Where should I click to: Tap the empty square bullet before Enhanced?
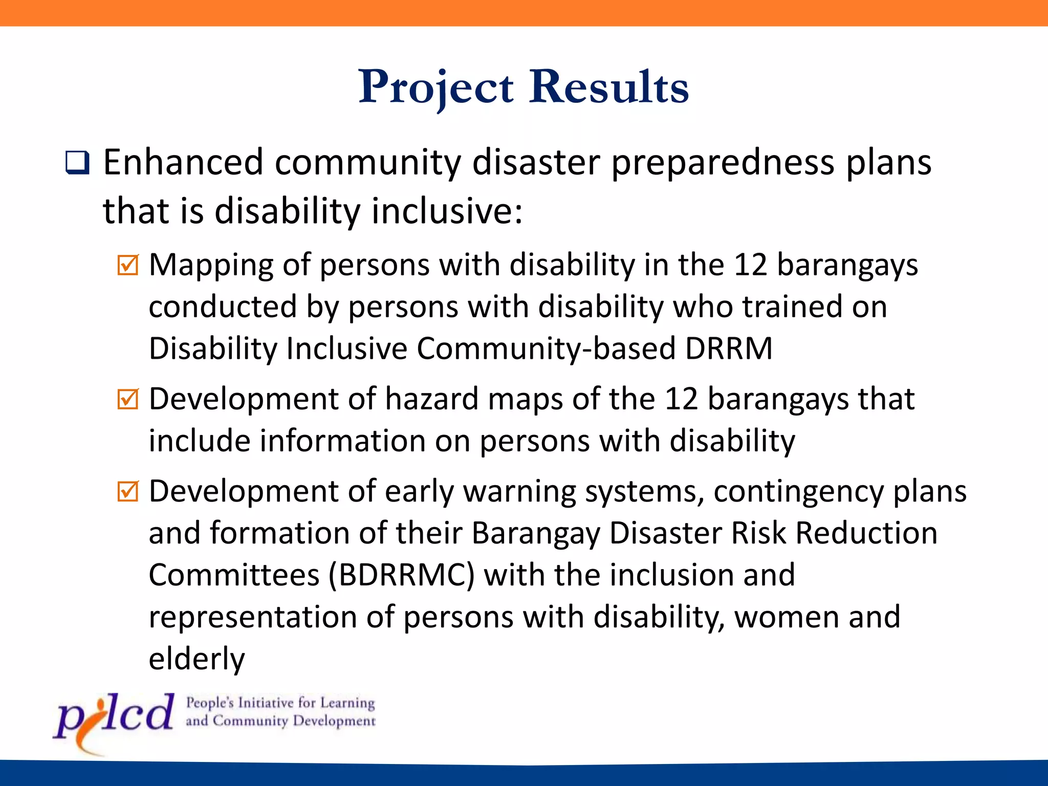77,163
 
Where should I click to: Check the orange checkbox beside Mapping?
127,265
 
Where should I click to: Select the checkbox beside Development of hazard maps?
127,399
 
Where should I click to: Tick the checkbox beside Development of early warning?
127,491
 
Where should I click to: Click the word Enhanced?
183,163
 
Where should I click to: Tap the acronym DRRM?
728,348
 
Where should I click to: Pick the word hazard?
431,399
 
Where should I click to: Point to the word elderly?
196,659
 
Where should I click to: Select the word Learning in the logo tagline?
347,703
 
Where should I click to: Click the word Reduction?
866,533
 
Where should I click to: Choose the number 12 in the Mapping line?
750,265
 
